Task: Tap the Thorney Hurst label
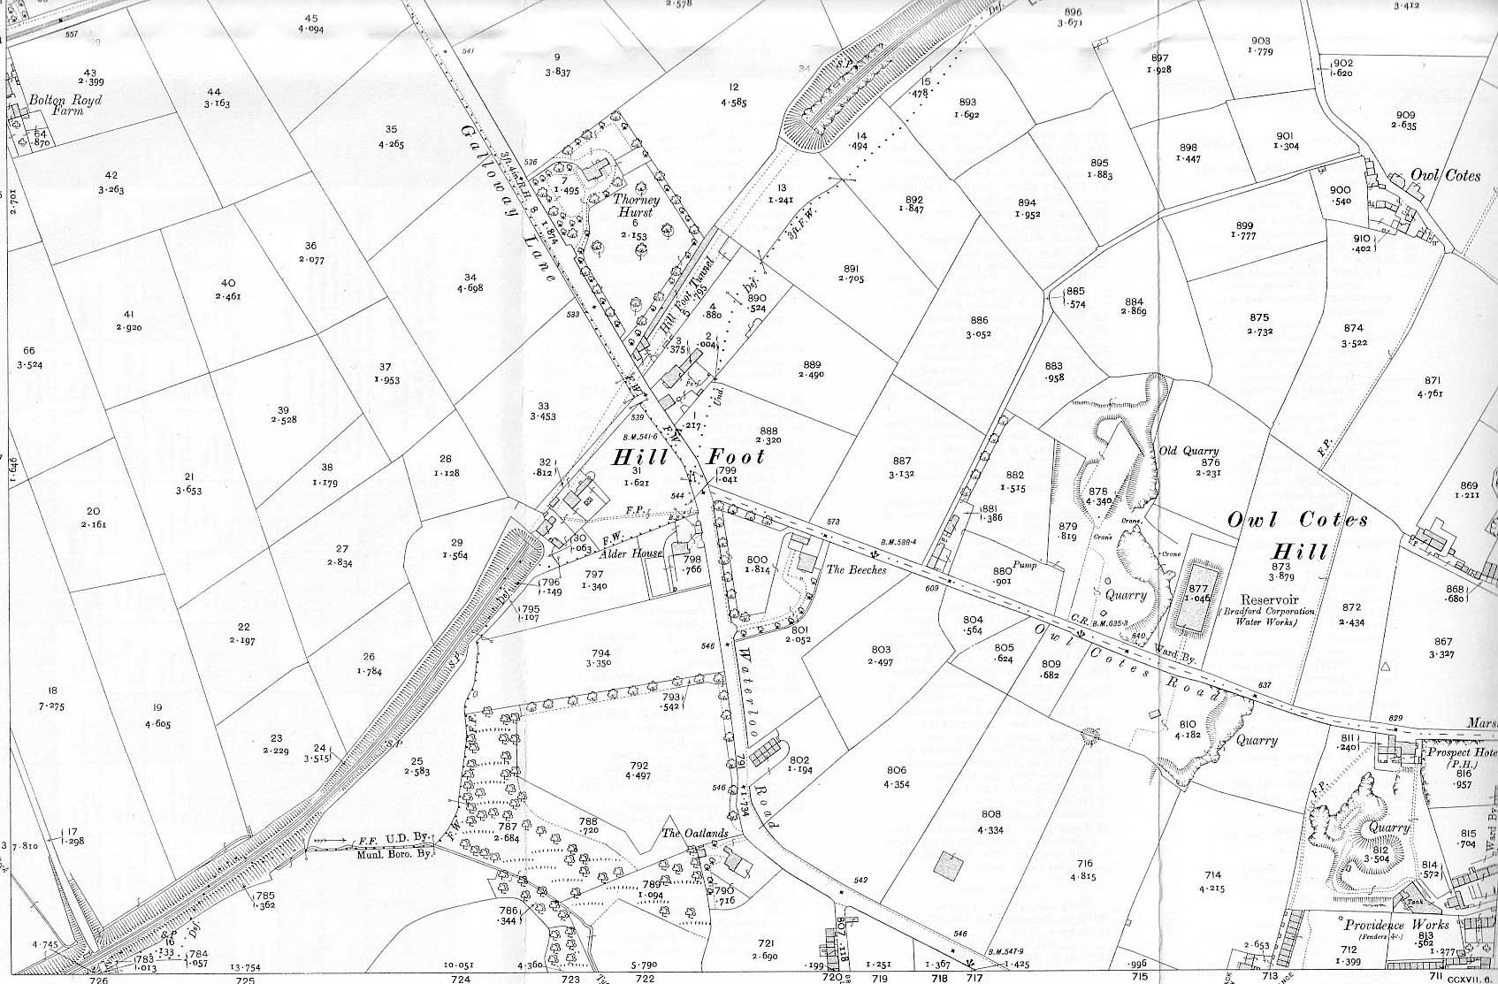(x=635, y=206)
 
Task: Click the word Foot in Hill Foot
(x=735, y=457)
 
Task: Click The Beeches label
(x=855, y=570)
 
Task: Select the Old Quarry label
(x=1188, y=450)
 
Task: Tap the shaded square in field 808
(x=948, y=866)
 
